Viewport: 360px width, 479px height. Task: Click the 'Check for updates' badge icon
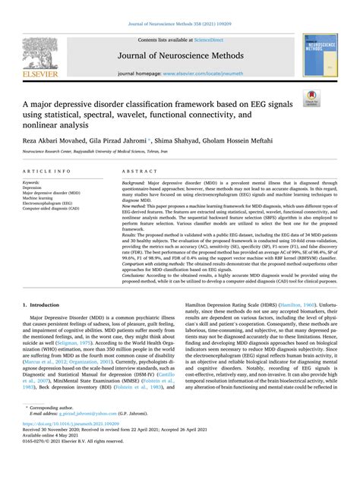(x=330, y=96)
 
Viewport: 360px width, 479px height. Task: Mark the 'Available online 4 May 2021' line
(x=55, y=460)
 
